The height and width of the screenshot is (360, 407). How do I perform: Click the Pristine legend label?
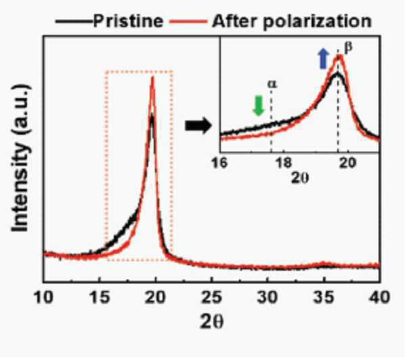pos(128,21)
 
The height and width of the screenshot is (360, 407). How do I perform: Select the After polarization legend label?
pos(291,21)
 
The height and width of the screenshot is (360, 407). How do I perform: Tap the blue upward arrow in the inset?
pos(323,59)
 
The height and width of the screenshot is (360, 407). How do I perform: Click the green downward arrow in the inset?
pos(259,106)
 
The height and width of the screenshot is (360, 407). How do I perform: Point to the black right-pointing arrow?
pos(198,126)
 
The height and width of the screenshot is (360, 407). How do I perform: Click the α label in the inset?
pos(272,84)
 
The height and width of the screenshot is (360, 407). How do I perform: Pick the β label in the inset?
pos(348,47)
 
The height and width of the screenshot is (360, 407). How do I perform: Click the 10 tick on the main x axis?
pos(43,297)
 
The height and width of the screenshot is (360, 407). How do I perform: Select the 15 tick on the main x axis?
pos(99,297)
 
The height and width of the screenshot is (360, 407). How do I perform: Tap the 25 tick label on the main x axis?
pos(212,297)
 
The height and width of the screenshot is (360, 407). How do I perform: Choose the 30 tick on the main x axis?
pos(267,297)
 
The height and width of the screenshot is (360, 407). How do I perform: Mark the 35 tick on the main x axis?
pos(324,297)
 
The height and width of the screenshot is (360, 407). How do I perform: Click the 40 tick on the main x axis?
pos(379,297)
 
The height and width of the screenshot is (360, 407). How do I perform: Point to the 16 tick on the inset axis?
pos(219,163)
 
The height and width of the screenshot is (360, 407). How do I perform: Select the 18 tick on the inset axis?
pos(284,163)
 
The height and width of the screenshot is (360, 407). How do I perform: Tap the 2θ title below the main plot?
pos(211,322)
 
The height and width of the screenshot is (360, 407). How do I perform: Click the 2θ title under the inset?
pos(300,178)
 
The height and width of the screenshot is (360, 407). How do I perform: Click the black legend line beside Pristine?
pos(74,21)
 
